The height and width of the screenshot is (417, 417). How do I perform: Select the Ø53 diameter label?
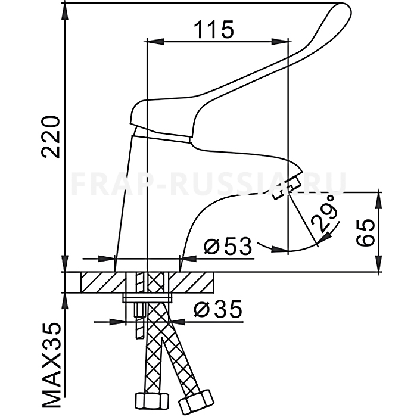pyautogui.click(x=228, y=246)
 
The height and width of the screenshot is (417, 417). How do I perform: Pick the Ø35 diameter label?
pyautogui.click(x=218, y=309)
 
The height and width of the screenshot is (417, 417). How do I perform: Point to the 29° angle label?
pyautogui.click(x=325, y=213)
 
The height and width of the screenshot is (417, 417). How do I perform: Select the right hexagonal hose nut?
pyautogui.click(x=196, y=400)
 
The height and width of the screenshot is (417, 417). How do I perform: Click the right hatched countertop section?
pyautogui.click(x=191, y=282)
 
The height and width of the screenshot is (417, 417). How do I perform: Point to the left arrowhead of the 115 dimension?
pyautogui.click(x=155, y=42)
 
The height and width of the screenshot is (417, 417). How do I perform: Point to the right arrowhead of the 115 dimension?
pyautogui.click(x=280, y=42)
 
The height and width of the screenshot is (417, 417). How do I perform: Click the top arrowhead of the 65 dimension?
pyautogui.click(x=379, y=200)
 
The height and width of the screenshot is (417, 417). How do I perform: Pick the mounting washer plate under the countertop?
pyautogui.click(x=147, y=298)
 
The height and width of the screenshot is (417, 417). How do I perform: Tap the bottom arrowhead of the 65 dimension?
pyautogui.click(x=379, y=264)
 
